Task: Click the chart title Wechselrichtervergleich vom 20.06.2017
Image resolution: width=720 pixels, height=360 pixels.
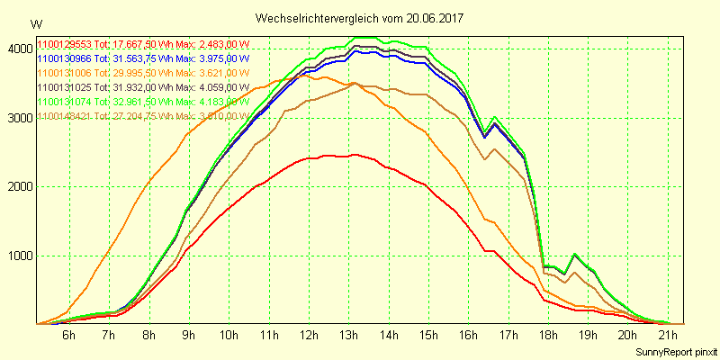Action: click(359, 18)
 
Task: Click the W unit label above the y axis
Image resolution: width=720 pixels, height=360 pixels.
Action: click(35, 23)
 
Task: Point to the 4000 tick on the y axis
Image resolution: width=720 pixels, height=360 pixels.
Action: click(18, 49)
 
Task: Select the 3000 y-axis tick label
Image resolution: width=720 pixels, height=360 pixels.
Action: click(18, 118)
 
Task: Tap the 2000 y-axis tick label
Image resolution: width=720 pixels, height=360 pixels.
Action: click(18, 187)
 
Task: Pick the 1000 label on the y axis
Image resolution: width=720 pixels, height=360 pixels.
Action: click(18, 256)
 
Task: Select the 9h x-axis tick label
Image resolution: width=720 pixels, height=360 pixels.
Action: click(188, 336)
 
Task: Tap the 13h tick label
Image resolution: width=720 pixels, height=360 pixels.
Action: click(349, 336)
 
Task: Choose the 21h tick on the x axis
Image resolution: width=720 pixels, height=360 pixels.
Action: click(667, 336)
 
